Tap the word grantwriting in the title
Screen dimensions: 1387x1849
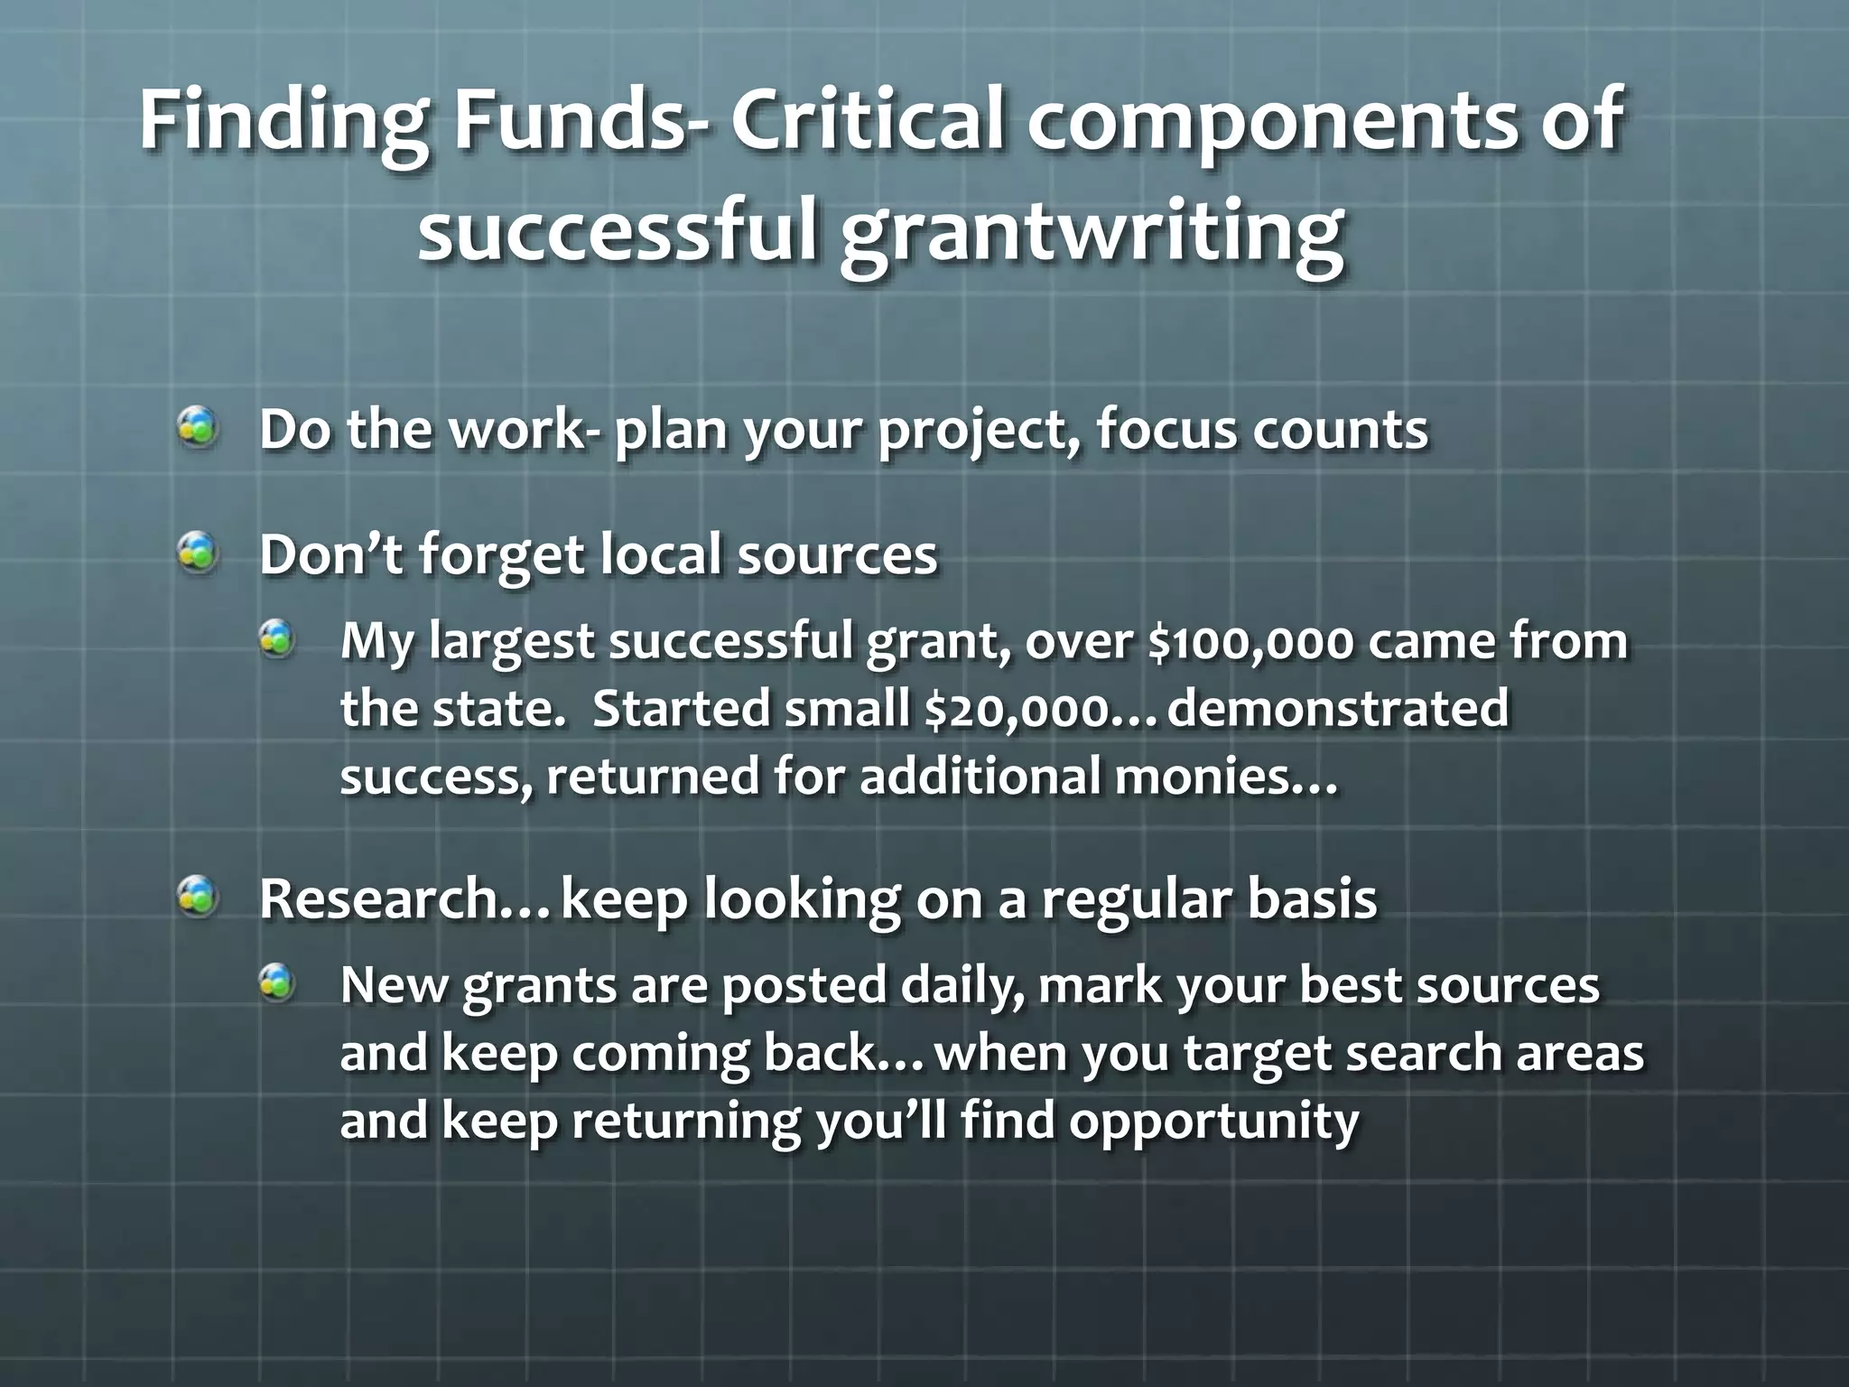click(x=1092, y=232)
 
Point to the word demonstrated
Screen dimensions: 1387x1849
click(x=1337, y=709)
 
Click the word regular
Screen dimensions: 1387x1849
click(x=1136, y=900)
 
